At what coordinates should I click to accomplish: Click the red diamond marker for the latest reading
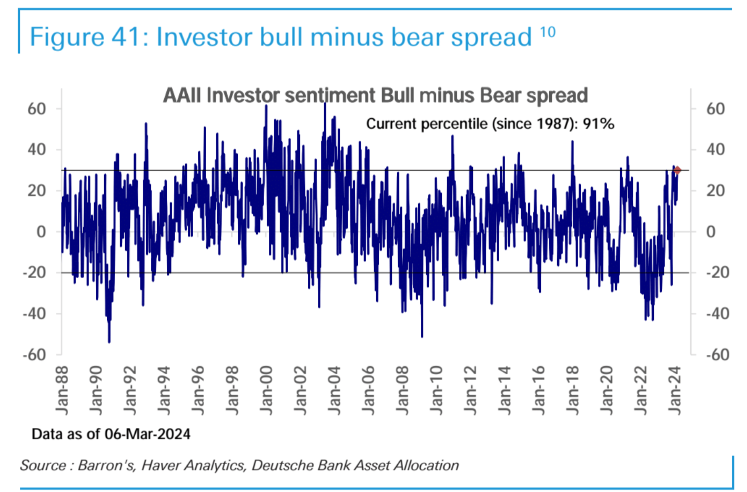[677, 170]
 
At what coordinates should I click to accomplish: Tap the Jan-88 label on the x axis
[62, 390]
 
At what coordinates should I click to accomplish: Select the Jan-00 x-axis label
[266, 390]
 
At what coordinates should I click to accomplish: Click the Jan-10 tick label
[436, 390]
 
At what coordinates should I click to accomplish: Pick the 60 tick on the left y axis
[37, 109]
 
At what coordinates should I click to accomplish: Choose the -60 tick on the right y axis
[717, 355]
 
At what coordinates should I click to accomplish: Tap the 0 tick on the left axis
[41, 232]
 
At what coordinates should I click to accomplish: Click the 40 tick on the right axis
[715, 150]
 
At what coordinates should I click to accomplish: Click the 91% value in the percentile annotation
[598, 124]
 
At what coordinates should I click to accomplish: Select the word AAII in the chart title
[182, 96]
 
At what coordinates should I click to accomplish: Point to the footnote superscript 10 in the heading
[548, 33]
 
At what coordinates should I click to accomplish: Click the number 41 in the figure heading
[128, 37]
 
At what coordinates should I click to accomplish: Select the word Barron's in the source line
[106, 466]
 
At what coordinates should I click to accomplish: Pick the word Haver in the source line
[159, 466]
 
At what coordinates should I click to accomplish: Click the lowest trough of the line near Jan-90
[109, 342]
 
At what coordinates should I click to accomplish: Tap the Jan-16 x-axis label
[538, 390]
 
